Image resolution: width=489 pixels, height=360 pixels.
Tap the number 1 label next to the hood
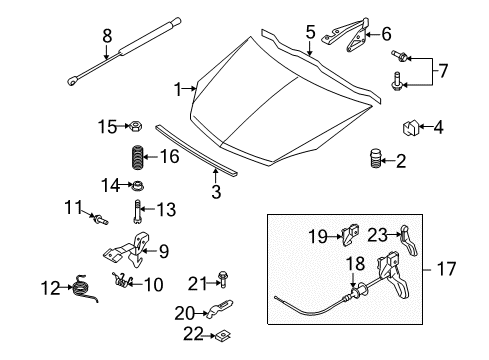point(178,90)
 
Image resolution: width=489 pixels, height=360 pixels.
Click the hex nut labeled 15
point(133,126)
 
